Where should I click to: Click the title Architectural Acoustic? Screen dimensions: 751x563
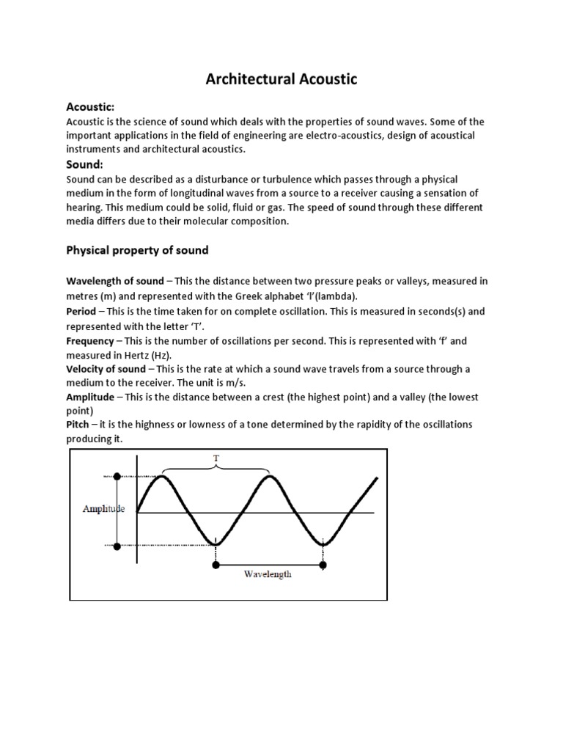(x=281, y=79)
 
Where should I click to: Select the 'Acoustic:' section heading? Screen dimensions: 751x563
(x=91, y=107)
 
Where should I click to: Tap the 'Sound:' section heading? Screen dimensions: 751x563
(x=85, y=164)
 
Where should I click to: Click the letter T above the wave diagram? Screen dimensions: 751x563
(x=216, y=457)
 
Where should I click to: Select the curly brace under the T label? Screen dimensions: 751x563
(x=216, y=469)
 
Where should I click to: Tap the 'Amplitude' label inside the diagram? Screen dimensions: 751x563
(x=103, y=509)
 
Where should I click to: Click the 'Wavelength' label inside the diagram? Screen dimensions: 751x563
(x=268, y=574)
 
